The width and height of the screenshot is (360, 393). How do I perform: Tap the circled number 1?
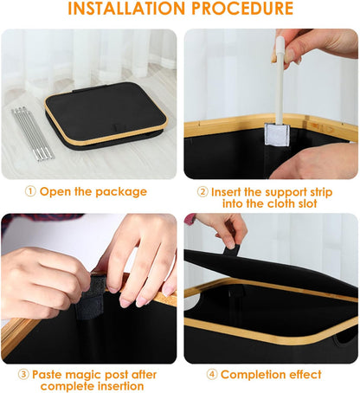[29, 191]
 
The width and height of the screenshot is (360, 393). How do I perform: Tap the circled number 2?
[202, 191]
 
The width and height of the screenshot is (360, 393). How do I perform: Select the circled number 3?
[23, 375]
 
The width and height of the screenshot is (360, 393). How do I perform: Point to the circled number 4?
[211, 375]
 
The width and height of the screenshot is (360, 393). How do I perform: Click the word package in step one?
[119, 191]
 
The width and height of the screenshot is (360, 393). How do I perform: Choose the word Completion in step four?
[254, 375]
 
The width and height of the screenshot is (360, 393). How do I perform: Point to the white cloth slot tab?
[280, 135]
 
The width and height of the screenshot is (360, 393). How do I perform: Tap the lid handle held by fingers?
[231, 249]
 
